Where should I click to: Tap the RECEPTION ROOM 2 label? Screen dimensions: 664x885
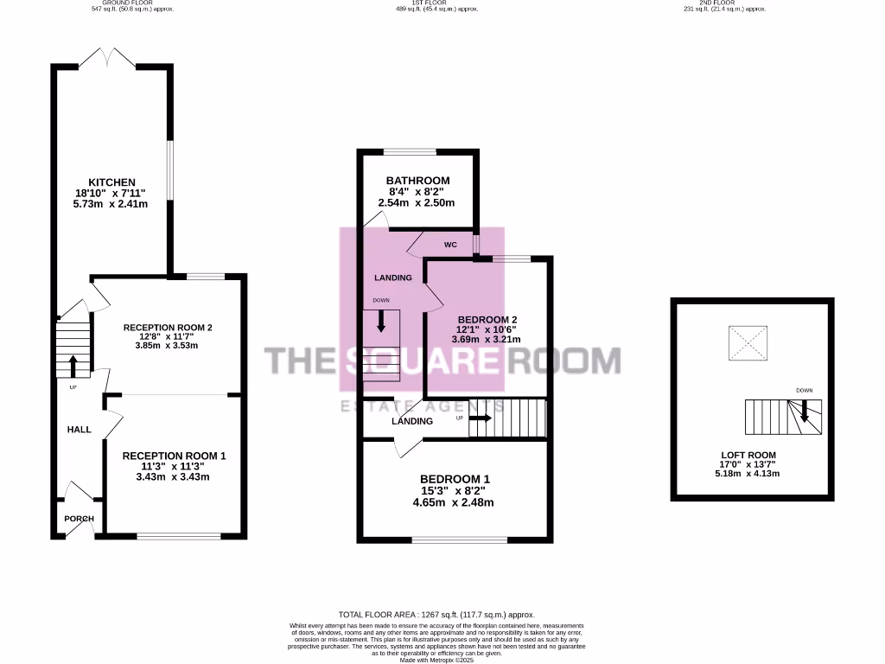pyautogui.click(x=168, y=328)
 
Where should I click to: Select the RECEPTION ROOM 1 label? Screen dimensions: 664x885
pyautogui.click(x=174, y=456)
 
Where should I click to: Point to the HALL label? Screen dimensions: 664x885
pyautogui.click(x=80, y=429)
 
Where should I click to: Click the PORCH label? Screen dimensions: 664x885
pyautogui.click(x=80, y=519)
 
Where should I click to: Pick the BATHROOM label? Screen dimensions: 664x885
pyautogui.click(x=417, y=180)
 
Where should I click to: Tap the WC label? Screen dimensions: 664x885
pyautogui.click(x=450, y=245)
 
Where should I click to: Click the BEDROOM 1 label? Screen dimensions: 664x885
pyautogui.click(x=455, y=479)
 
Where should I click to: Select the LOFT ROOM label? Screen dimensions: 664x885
pyautogui.click(x=748, y=455)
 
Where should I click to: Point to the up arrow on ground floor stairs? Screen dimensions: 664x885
pyautogui.click(x=73, y=365)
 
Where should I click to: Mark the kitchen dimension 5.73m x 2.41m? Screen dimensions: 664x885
pyautogui.click(x=110, y=205)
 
